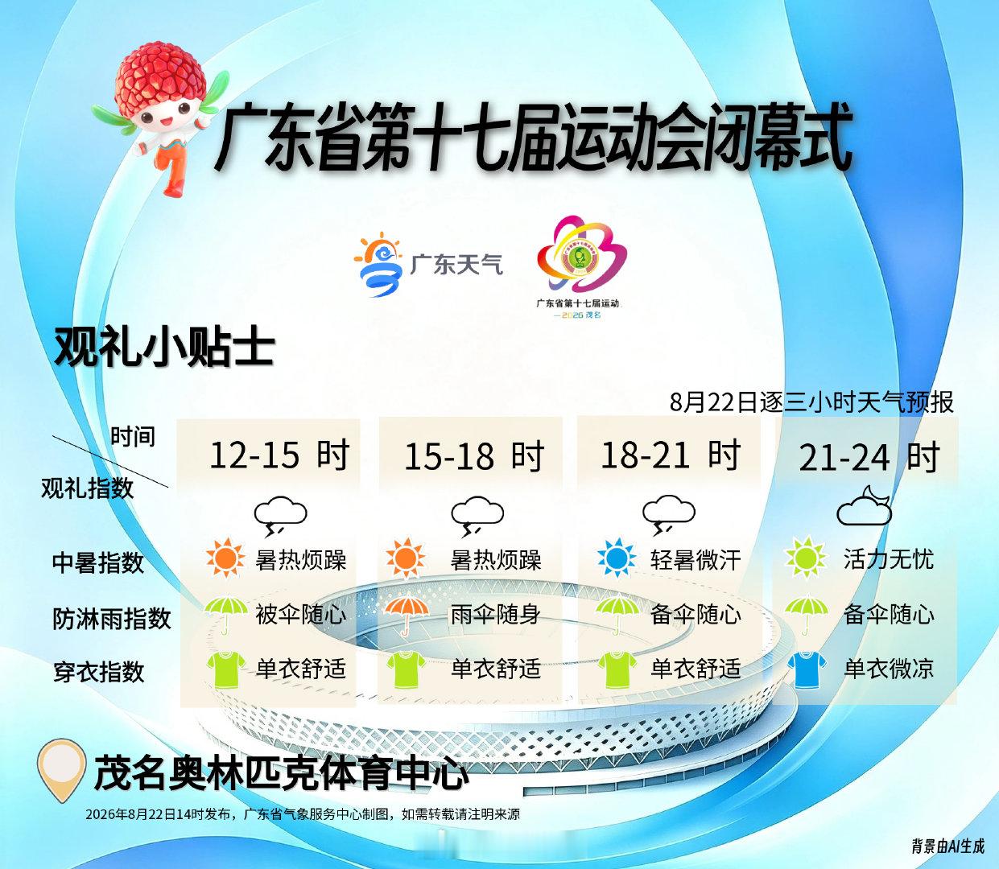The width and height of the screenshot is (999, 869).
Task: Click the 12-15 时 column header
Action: point(279,455)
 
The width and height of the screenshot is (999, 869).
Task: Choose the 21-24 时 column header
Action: point(869,457)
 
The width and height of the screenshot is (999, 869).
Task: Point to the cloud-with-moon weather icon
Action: point(865,505)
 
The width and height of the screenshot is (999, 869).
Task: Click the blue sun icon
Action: point(617,558)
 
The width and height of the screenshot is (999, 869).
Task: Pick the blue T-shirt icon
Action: point(807,669)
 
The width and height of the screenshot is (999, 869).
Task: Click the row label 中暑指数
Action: point(98,562)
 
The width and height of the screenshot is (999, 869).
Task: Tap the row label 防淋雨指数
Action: point(112,618)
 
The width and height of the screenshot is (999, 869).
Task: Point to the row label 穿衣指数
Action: point(99,672)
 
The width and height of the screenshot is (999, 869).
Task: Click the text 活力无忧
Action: point(889,559)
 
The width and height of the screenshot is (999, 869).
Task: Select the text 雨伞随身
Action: point(495,614)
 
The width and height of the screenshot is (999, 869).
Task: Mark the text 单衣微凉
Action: point(889,669)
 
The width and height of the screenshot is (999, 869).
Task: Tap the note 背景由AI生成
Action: point(947,846)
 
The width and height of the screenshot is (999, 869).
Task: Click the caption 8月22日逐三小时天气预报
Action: point(811,402)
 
